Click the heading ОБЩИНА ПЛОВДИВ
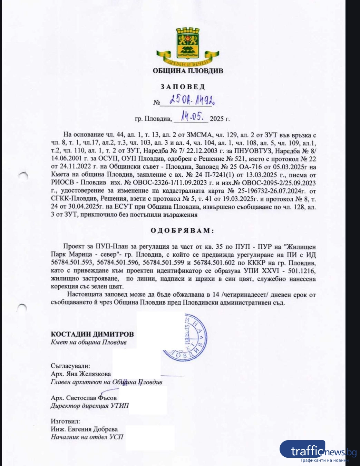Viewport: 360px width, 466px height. [188, 71]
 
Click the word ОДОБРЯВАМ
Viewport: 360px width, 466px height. [182, 230]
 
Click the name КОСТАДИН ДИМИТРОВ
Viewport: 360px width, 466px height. [92, 334]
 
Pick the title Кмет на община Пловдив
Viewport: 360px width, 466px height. [88, 342]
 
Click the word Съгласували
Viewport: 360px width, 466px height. [70, 366]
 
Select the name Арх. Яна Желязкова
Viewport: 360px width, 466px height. [81, 374]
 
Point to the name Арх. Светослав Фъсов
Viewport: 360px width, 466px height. [84, 398]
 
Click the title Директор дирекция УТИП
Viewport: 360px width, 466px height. [89, 406]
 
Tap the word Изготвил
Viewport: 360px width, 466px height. [65, 421]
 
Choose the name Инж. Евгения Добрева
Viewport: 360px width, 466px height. [84, 429]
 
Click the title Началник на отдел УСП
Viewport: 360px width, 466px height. [87, 437]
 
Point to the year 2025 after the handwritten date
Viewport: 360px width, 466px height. [220, 119]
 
